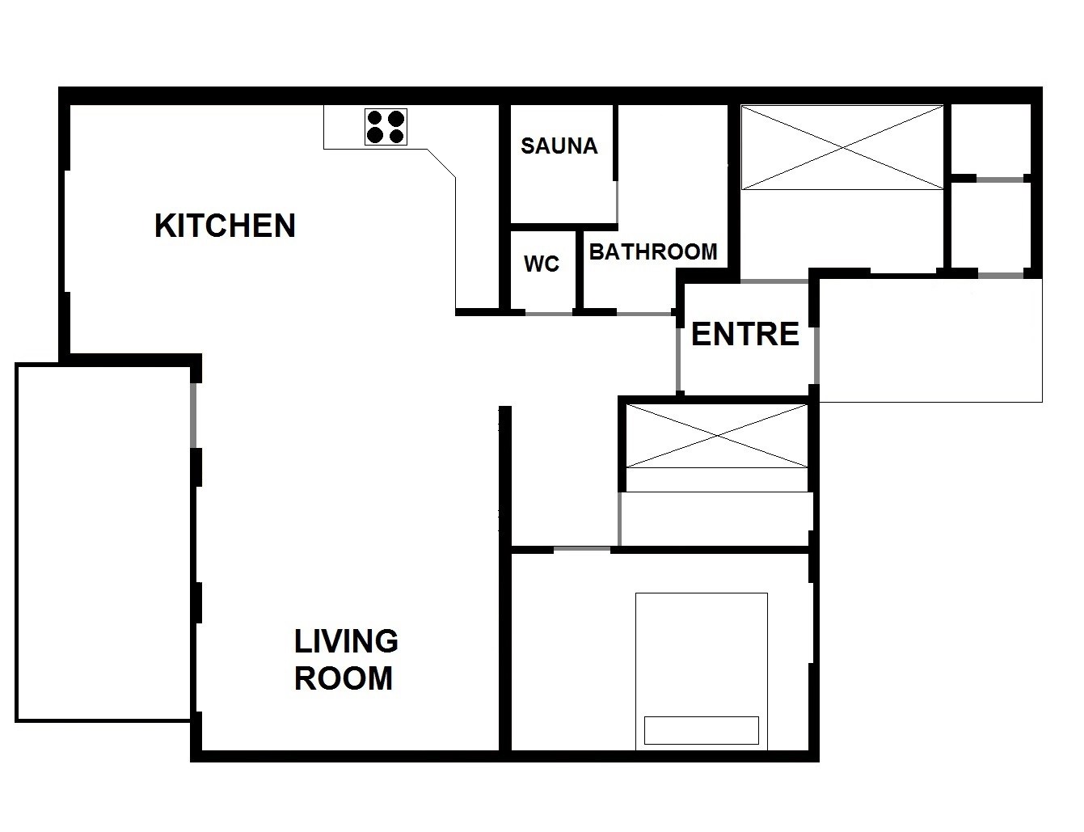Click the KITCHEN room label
click(x=225, y=226)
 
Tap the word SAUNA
click(x=559, y=146)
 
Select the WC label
click(x=542, y=264)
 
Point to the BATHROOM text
click(x=653, y=252)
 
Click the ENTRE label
click(x=745, y=334)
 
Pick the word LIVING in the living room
click(x=346, y=641)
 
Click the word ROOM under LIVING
click(x=344, y=678)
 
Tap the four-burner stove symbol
click(x=386, y=127)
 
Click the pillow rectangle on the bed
click(x=702, y=730)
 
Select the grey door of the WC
click(x=549, y=313)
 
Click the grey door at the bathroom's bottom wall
click(x=644, y=313)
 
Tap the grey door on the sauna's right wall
click(x=617, y=202)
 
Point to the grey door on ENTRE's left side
click(x=678, y=360)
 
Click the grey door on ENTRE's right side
click(x=816, y=355)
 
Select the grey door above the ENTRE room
click(x=774, y=282)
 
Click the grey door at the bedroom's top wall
click(x=582, y=549)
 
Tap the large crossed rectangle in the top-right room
click(x=842, y=147)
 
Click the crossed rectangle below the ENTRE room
click(x=717, y=436)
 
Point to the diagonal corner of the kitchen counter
click(x=441, y=163)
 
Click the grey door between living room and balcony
click(x=193, y=415)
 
